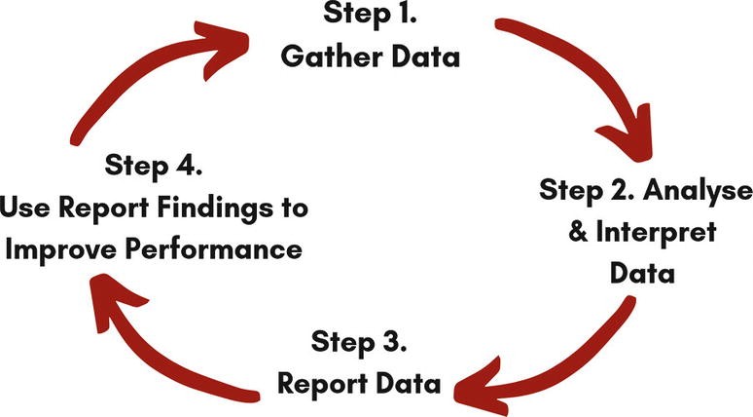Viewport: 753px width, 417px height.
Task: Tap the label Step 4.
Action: (155, 166)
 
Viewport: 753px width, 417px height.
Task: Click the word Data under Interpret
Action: (642, 274)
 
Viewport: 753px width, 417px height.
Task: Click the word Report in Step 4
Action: (115, 208)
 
